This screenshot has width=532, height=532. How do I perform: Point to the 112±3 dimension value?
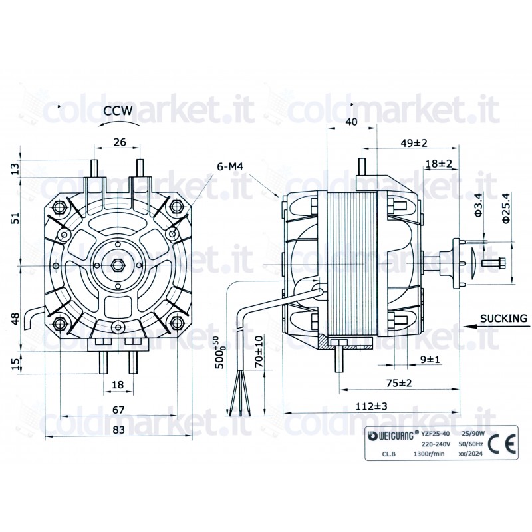(370, 406)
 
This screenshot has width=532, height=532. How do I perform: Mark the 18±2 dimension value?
(438, 164)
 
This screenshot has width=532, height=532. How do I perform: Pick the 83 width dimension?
(118, 430)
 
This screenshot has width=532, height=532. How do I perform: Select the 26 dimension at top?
(120, 142)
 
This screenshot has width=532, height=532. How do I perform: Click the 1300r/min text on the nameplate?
(429, 455)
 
